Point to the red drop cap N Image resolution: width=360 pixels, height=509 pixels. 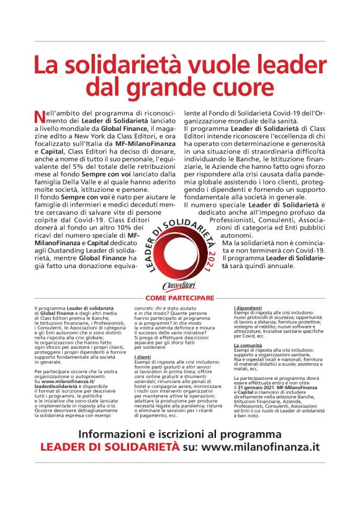[x=40, y=115]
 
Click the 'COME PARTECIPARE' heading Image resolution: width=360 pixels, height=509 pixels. [x=180, y=298]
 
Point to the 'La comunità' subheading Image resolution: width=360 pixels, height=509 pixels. [x=247, y=345]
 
